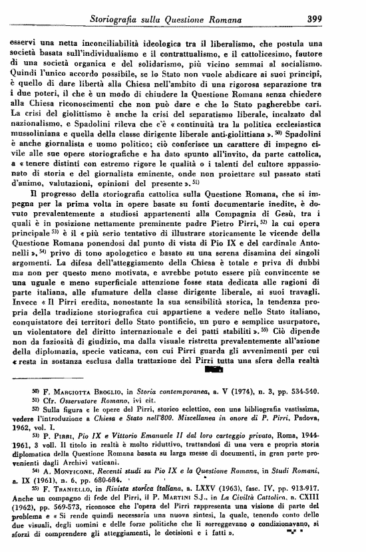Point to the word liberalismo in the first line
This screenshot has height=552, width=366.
(263, 41)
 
